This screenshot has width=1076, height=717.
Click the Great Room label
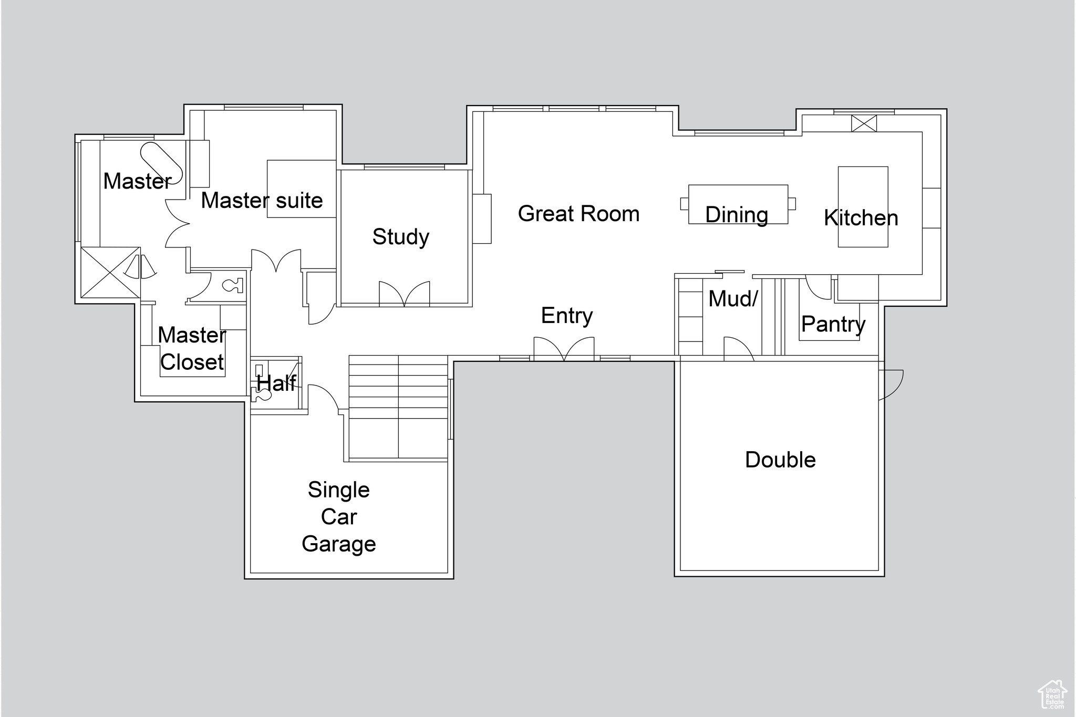pos(578,214)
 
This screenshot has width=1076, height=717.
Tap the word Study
pos(400,237)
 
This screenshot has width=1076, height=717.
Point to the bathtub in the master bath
pos(161,162)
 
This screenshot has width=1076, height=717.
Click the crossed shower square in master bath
pos(110,273)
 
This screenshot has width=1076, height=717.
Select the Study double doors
pos(404,294)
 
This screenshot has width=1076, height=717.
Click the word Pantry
pos(833,324)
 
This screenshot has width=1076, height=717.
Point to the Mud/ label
pos(732,299)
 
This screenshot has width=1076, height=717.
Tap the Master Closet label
pos(192,348)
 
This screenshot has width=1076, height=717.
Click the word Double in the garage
pos(780,460)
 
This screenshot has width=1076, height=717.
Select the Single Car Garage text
pos(339,517)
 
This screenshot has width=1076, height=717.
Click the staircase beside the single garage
pos(398,408)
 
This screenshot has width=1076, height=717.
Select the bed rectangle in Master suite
pos(301,189)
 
